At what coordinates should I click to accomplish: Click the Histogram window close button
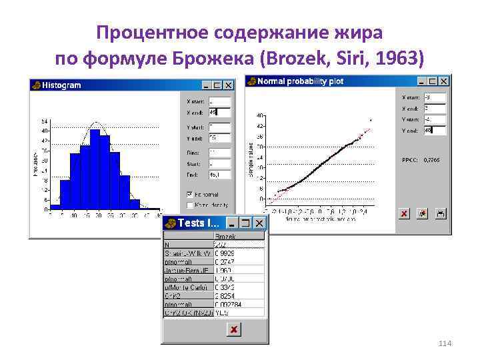(229, 85)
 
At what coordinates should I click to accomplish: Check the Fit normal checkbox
(191, 195)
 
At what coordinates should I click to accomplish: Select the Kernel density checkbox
(191, 205)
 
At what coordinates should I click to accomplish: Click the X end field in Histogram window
(219, 112)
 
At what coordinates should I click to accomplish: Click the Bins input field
(219, 152)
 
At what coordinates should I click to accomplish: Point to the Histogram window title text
(61, 85)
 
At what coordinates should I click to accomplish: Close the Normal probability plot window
(445, 81)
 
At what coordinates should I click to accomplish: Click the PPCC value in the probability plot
(430, 160)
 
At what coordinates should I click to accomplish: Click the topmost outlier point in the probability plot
(370, 120)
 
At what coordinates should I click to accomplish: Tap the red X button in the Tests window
(233, 329)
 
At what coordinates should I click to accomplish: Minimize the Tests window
(233, 223)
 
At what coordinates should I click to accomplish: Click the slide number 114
(445, 343)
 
